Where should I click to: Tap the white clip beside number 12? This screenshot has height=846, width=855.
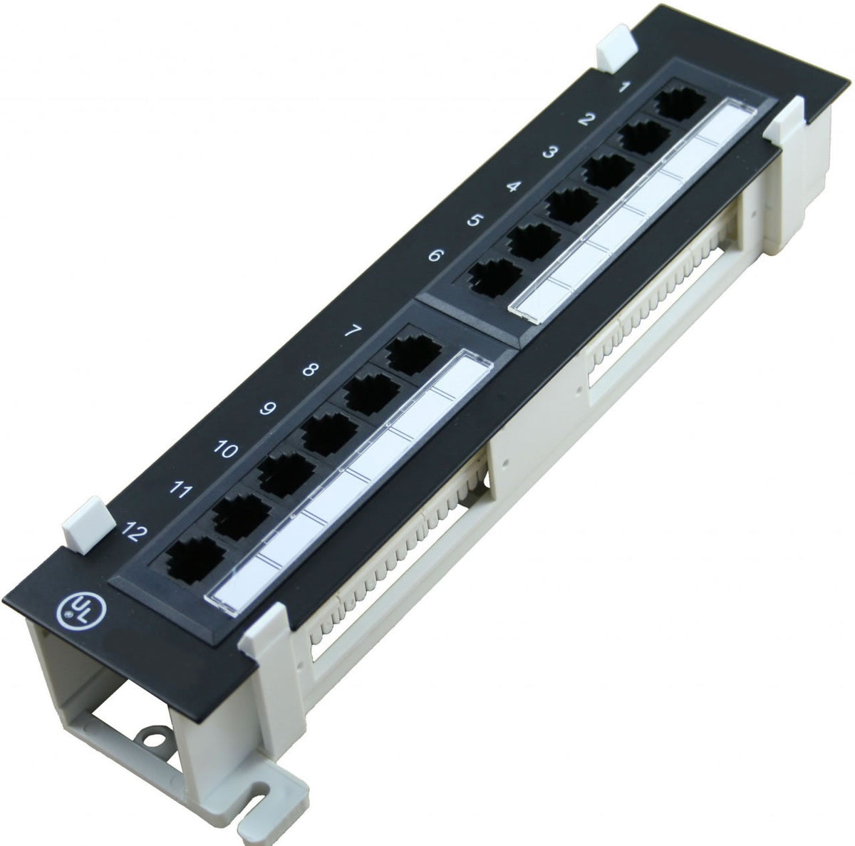point(88,524)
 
